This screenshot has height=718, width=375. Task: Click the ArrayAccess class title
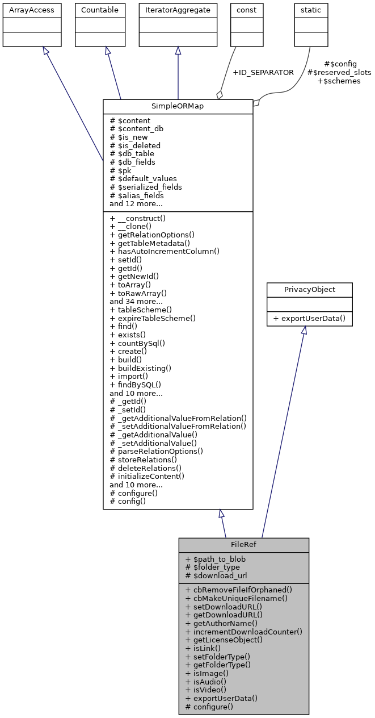click(x=32, y=10)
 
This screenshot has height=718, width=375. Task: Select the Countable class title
click(x=100, y=10)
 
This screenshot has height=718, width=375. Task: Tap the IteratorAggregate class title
click(x=178, y=10)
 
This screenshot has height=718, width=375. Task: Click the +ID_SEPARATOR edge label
click(x=263, y=73)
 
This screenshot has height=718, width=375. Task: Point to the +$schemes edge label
click(x=339, y=81)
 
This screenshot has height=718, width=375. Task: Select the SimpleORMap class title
click(x=178, y=107)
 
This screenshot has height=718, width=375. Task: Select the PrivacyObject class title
click(x=310, y=289)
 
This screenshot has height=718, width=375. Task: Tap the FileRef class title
click(x=244, y=544)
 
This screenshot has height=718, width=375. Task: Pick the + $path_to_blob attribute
click(x=216, y=559)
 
